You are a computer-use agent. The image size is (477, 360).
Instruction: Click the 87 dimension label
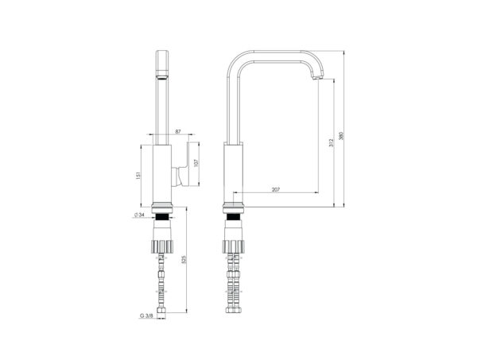click(x=178, y=131)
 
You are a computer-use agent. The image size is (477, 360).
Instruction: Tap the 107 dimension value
click(x=196, y=163)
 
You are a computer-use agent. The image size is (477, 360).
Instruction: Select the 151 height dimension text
click(x=138, y=176)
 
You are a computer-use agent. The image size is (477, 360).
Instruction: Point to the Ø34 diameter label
click(x=138, y=215)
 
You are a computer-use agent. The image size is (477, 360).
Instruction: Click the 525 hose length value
click(x=184, y=259)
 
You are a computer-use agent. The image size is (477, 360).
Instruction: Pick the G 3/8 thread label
click(x=146, y=315)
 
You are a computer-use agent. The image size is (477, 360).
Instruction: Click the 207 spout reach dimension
click(x=276, y=189)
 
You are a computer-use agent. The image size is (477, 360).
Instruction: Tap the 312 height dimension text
click(x=331, y=143)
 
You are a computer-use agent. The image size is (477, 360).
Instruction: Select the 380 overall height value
click(x=341, y=136)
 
